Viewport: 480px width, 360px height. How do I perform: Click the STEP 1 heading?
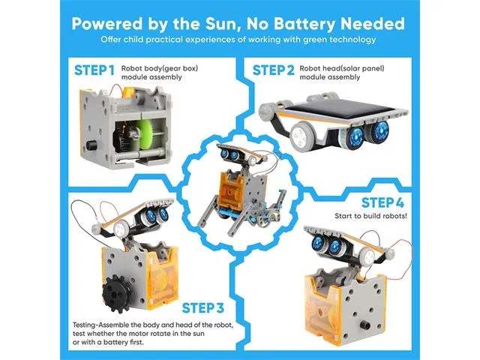click(94, 70)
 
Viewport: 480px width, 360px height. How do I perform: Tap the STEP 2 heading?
click(273, 70)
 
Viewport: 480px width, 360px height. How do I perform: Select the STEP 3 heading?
click(203, 308)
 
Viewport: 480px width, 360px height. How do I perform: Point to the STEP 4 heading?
click(382, 202)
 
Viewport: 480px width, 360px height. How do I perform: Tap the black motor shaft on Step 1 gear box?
click(91, 145)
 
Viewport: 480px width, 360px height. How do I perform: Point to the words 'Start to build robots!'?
click(370, 216)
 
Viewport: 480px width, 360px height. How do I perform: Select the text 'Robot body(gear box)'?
click(160, 68)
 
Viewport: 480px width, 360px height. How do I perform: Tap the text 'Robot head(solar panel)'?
click(342, 68)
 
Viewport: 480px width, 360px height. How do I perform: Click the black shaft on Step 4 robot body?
click(364, 325)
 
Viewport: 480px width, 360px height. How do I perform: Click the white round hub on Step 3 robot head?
click(119, 228)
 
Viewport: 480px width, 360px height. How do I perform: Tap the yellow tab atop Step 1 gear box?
click(128, 92)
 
